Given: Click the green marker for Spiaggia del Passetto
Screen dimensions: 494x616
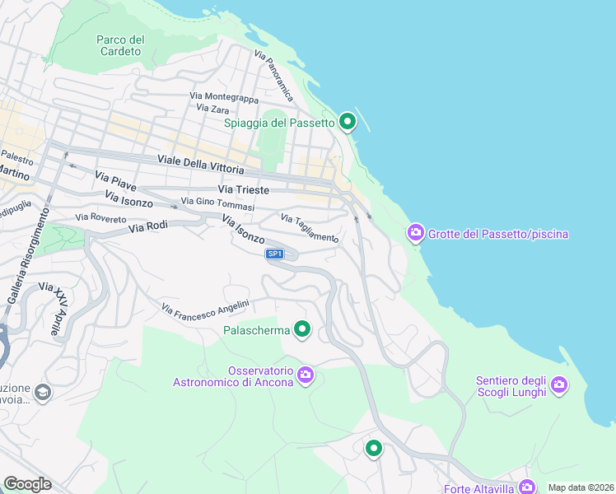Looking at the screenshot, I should pyautogui.click(x=348, y=123).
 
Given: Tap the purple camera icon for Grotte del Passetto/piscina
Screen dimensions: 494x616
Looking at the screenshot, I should pyautogui.click(x=416, y=234).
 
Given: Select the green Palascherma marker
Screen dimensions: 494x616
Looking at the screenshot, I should pyautogui.click(x=302, y=330).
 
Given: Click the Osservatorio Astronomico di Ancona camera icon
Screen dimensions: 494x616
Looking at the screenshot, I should pyautogui.click(x=306, y=375).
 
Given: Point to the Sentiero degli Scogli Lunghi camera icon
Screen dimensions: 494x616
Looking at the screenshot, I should pyautogui.click(x=559, y=384).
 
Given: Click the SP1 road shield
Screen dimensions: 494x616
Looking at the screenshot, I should pyautogui.click(x=275, y=254).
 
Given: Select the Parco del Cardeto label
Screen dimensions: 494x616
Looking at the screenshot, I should pyautogui.click(x=120, y=45).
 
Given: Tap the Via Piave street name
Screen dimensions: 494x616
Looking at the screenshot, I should pyautogui.click(x=115, y=179).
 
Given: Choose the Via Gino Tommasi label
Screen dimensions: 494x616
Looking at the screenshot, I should pyautogui.click(x=217, y=204).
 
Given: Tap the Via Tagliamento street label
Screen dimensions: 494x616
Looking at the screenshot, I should pyautogui.click(x=309, y=229).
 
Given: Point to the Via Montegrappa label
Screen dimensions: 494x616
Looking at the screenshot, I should pyautogui.click(x=223, y=97).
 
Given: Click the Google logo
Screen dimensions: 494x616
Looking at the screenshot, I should pyautogui.click(x=27, y=483).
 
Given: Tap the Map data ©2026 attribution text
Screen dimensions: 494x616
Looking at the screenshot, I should pyautogui.click(x=580, y=487).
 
